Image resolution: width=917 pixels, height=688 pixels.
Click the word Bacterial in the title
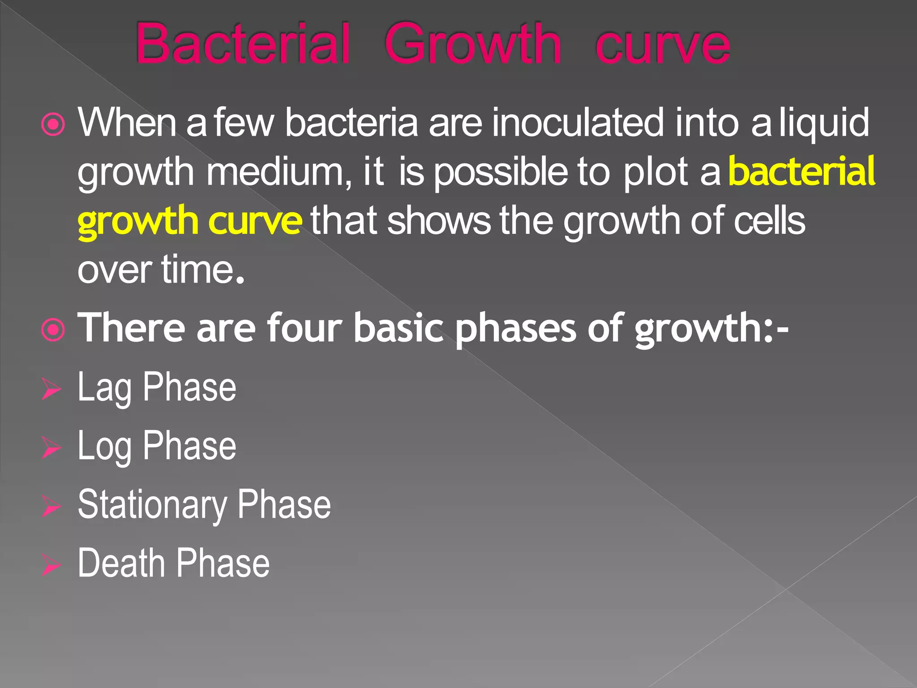[242, 44]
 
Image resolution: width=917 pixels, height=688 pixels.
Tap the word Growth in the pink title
[472, 44]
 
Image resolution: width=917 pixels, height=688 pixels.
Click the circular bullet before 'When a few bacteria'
[53, 125]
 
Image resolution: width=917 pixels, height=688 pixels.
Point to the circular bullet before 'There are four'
[53, 330]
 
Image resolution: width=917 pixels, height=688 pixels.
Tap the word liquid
[824, 123]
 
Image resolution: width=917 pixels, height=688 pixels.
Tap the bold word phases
[515, 329]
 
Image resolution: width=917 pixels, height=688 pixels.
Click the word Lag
[104, 388]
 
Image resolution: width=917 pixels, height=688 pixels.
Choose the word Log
[104, 447]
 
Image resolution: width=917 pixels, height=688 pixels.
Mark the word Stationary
[152, 506]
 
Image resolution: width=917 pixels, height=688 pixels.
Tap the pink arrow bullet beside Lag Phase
[51, 389]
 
